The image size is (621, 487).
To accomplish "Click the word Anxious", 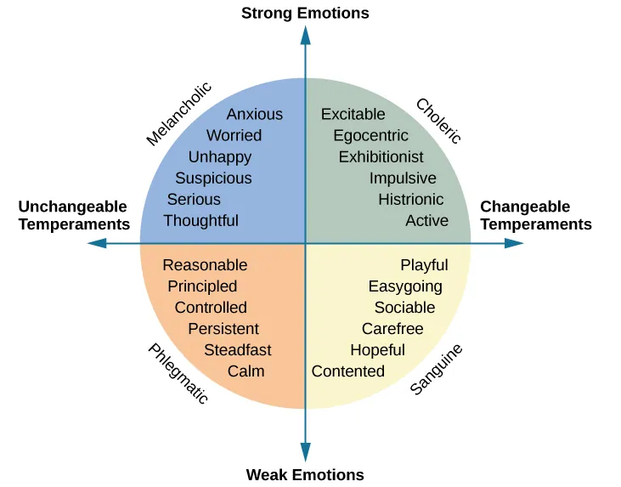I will click(x=255, y=114).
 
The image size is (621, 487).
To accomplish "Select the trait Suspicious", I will click(x=213, y=178).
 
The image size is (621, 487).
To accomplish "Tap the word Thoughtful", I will click(x=200, y=221).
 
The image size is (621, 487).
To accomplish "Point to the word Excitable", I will click(x=353, y=114).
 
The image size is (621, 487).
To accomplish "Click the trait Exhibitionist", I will click(x=381, y=157).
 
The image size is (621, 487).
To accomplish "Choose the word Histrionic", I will click(x=410, y=200).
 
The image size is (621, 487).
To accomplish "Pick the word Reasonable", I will click(x=205, y=265).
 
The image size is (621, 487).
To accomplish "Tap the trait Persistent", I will click(x=223, y=329).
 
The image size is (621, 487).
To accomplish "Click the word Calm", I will click(x=246, y=371).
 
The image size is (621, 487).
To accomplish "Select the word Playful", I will click(x=424, y=265).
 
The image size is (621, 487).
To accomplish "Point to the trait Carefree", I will click(x=392, y=329).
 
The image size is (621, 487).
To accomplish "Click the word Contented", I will click(x=347, y=371).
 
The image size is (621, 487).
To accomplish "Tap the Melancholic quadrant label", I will click(x=178, y=114).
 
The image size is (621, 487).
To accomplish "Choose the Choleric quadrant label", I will click(x=438, y=121).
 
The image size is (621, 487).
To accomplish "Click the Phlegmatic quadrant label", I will click(x=178, y=374).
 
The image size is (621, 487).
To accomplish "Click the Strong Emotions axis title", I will click(x=305, y=13).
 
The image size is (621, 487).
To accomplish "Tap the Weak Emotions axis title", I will click(x=305, y=475).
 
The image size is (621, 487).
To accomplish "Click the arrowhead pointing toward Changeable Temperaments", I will click(x=514, y=243).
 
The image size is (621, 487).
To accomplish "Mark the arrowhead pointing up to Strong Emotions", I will click(x=306, y=35).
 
